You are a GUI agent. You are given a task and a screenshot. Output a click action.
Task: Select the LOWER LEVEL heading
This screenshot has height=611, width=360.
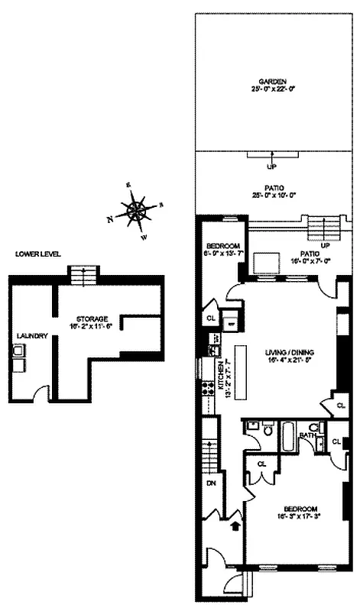click(x=37, y=254)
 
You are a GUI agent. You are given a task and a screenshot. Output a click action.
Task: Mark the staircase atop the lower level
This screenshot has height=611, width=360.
click(x=79, y=273)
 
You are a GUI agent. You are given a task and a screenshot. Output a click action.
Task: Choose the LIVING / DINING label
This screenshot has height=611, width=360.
click(x=290, y=352)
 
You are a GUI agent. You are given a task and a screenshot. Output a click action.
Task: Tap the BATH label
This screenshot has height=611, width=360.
click(x=307, y=436)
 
